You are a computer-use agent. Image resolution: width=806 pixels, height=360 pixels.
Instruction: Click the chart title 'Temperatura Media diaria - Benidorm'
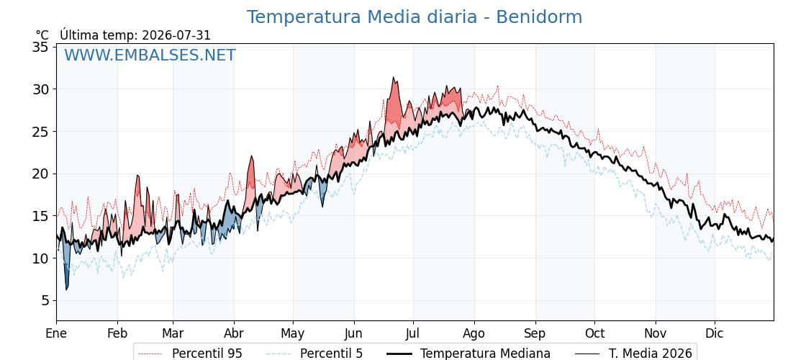coord(415,17)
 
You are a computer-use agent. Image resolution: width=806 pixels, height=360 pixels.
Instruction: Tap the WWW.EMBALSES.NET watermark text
coord(150,55)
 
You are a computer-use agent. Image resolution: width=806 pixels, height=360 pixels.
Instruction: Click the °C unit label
coord(42,35)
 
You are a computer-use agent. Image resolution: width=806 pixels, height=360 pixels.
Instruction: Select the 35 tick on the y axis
coord(40,48)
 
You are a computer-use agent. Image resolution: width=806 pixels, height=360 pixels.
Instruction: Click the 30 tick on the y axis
coord(40,89)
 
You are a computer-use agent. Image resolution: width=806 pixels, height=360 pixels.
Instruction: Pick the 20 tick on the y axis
coord(40,174)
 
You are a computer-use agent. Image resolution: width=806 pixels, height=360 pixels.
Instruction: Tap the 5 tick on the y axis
coord(45,300)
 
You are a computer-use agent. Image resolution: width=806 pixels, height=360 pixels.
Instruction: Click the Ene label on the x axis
coord(56,333)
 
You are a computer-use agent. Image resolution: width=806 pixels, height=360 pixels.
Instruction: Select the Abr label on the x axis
coord(234,333)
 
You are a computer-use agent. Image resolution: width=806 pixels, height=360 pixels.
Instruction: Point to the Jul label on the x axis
coord(413,333)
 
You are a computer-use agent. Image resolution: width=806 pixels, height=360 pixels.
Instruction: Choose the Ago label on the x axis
coord(474,333)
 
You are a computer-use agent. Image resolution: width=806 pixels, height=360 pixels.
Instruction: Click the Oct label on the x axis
coord(594,333)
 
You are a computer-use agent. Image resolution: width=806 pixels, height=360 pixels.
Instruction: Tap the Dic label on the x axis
coord(715,333)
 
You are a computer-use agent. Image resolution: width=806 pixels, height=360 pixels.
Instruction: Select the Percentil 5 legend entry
coord(314,354)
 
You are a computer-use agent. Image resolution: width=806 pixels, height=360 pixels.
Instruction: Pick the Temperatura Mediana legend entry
coord(467,354)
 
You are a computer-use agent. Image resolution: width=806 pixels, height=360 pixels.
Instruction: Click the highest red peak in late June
coord(393,78)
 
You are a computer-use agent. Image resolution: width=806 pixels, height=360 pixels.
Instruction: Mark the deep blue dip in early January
coord(66,289)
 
